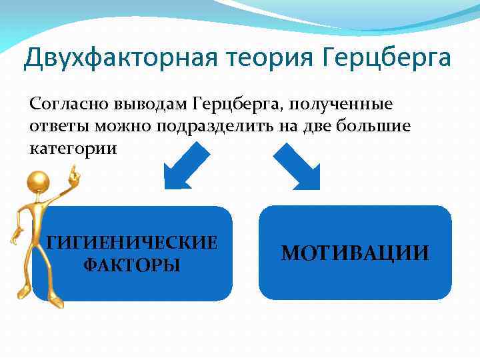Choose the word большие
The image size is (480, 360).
click(x=362, y=127)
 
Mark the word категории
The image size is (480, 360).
click(x=73, y=148)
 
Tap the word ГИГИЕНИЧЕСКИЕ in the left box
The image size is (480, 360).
click(x=132, y=242)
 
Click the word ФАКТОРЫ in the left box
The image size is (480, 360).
click(x=132, y=265)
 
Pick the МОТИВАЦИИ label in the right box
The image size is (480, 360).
click(x=355, y=253)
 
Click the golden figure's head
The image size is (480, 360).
click(x=39, y=182)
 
